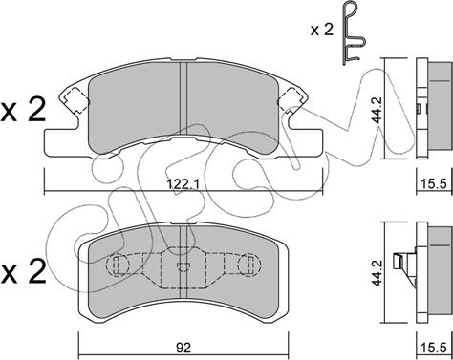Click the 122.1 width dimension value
point(183,184)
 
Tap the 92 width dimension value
point(183,348)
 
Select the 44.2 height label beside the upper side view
point(377,110)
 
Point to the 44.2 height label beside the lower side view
point(377,273)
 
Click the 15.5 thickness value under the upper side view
point(434,183)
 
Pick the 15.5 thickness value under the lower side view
point(434,348)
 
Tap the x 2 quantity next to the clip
point(322,31)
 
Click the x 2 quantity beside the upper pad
point(23,111)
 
